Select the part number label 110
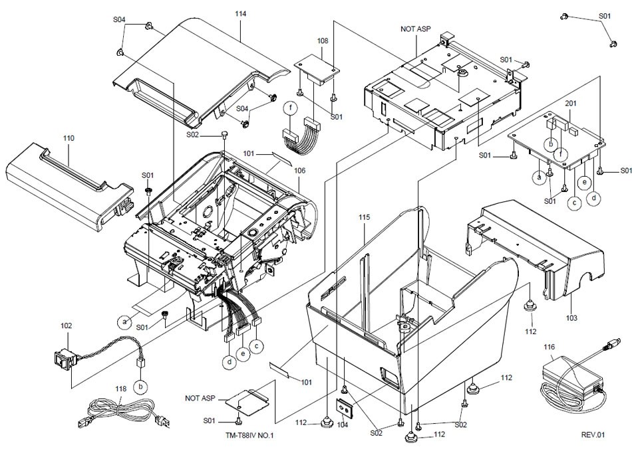[69, 137]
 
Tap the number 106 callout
[300, 171]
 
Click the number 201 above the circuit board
[571, 104]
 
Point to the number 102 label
[67, 326]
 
